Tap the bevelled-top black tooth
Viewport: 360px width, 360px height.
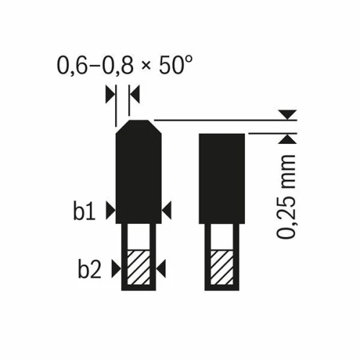click(139, 173)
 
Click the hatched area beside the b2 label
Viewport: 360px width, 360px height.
click(139, 269)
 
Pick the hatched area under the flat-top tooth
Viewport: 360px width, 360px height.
click(222, 269)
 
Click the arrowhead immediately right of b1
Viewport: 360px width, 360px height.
click(109, 210)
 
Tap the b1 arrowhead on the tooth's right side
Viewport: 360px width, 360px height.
click(167, 210)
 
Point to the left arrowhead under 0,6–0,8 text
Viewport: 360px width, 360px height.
click(109, 93)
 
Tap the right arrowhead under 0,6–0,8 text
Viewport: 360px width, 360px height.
click(134, 93)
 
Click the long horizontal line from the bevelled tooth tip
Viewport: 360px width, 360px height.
click(216, 119)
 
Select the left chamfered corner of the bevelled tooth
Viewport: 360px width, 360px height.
click(122, 126)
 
